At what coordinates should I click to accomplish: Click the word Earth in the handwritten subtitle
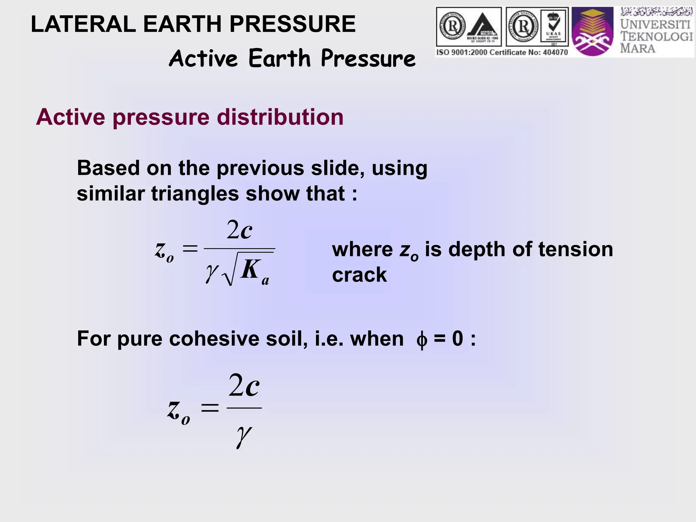point(279,58)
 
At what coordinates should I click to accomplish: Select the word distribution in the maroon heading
point(280,117)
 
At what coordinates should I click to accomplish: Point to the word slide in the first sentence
point(334,168)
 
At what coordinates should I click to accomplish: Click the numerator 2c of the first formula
point(239,230)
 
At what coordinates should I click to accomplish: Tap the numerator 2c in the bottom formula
point(244,385)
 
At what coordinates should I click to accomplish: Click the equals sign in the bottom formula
point(209,407)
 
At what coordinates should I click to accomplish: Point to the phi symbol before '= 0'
point(421,340)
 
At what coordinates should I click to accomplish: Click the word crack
point(359,275)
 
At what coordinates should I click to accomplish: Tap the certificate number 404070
point(554,52)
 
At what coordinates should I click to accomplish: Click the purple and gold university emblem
point(592,32)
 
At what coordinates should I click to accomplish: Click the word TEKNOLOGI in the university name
point(656,36)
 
